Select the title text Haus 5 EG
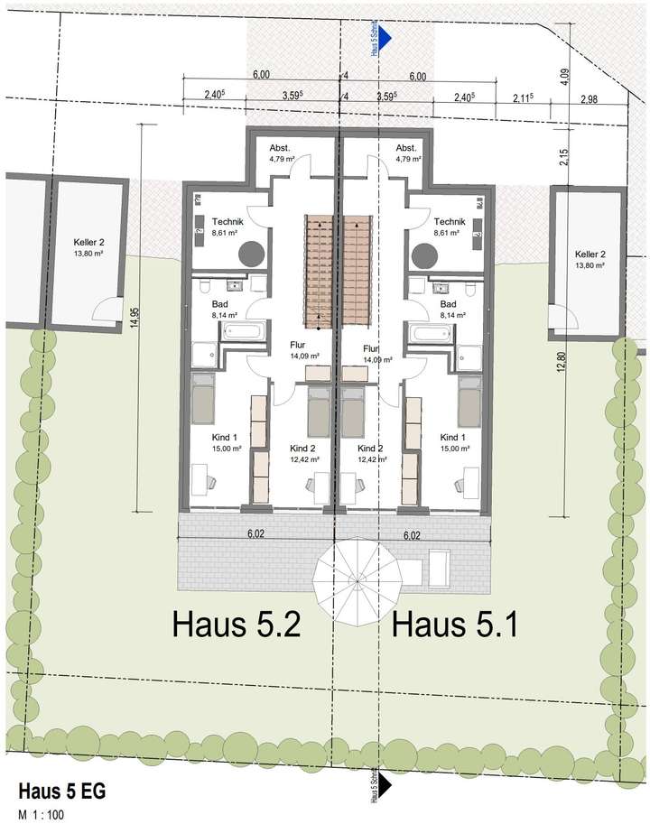(x=55, y=792)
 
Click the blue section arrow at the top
(x=384, y=37)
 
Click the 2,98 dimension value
(x=590, y=98)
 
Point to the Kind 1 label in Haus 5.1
(x=454, y=437)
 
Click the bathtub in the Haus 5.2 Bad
(x=242, y=331)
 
